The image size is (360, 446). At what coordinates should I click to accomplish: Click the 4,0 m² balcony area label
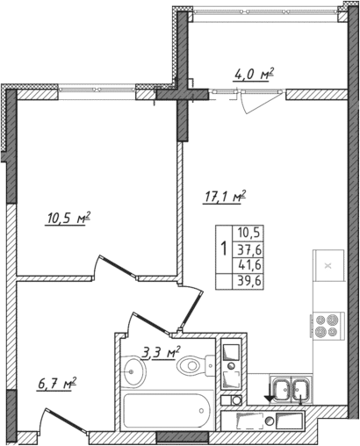(254, 75)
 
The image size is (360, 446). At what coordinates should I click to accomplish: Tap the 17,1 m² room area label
(226, 197)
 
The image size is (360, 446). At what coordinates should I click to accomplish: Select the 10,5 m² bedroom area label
(68, 217)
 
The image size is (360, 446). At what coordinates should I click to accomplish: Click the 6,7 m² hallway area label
(58, 382)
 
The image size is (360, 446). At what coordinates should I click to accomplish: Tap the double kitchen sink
(290, 387)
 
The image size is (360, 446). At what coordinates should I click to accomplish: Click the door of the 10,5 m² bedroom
(111, 267)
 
